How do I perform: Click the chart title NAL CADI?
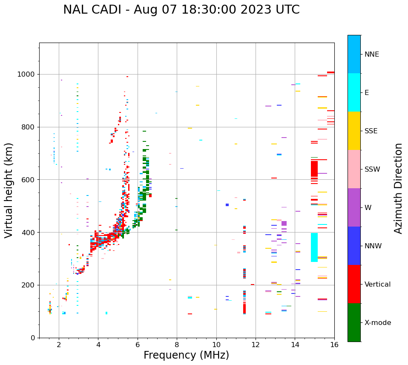tap(181, 10)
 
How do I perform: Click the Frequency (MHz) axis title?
tap(186, 355)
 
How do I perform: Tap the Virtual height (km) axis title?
tap(9, 190)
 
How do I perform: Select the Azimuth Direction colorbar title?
tap(398, 188)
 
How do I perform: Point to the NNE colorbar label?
tap(371, 55)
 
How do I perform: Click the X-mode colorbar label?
tap(377, 323)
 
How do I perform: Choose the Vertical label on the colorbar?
tap(377, 285)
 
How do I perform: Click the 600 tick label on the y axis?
tap(29, 180)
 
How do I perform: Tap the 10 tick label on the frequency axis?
tap(216, 345)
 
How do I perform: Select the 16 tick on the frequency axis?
tap(334, 345)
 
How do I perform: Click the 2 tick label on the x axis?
tap(59, 345)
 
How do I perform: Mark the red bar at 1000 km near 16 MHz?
tap(330, 72)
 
